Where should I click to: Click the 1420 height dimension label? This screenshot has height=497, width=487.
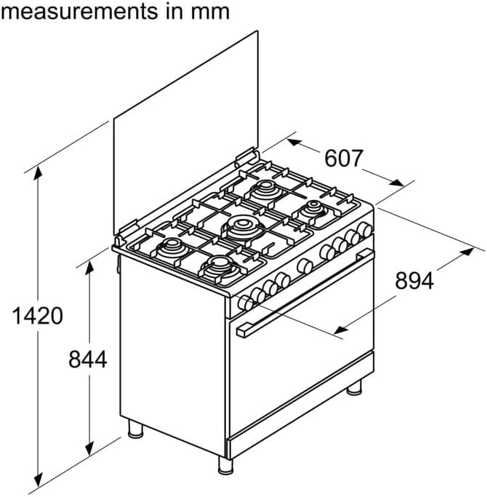click(x=37, y=316)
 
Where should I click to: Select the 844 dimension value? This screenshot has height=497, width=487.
click(x=88, y=359)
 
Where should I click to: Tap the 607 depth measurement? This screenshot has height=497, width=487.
click(x=343, y=158)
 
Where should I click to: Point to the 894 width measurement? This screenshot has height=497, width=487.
click(x=414, y=280)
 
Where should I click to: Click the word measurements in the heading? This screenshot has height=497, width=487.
click(x=79, y=11)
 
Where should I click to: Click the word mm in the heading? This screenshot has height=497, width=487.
click(x=210, y=12)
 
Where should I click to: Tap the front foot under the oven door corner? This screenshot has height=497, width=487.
click(x=225, y=465)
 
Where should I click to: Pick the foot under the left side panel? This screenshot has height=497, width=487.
click(x=135, y=429)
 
